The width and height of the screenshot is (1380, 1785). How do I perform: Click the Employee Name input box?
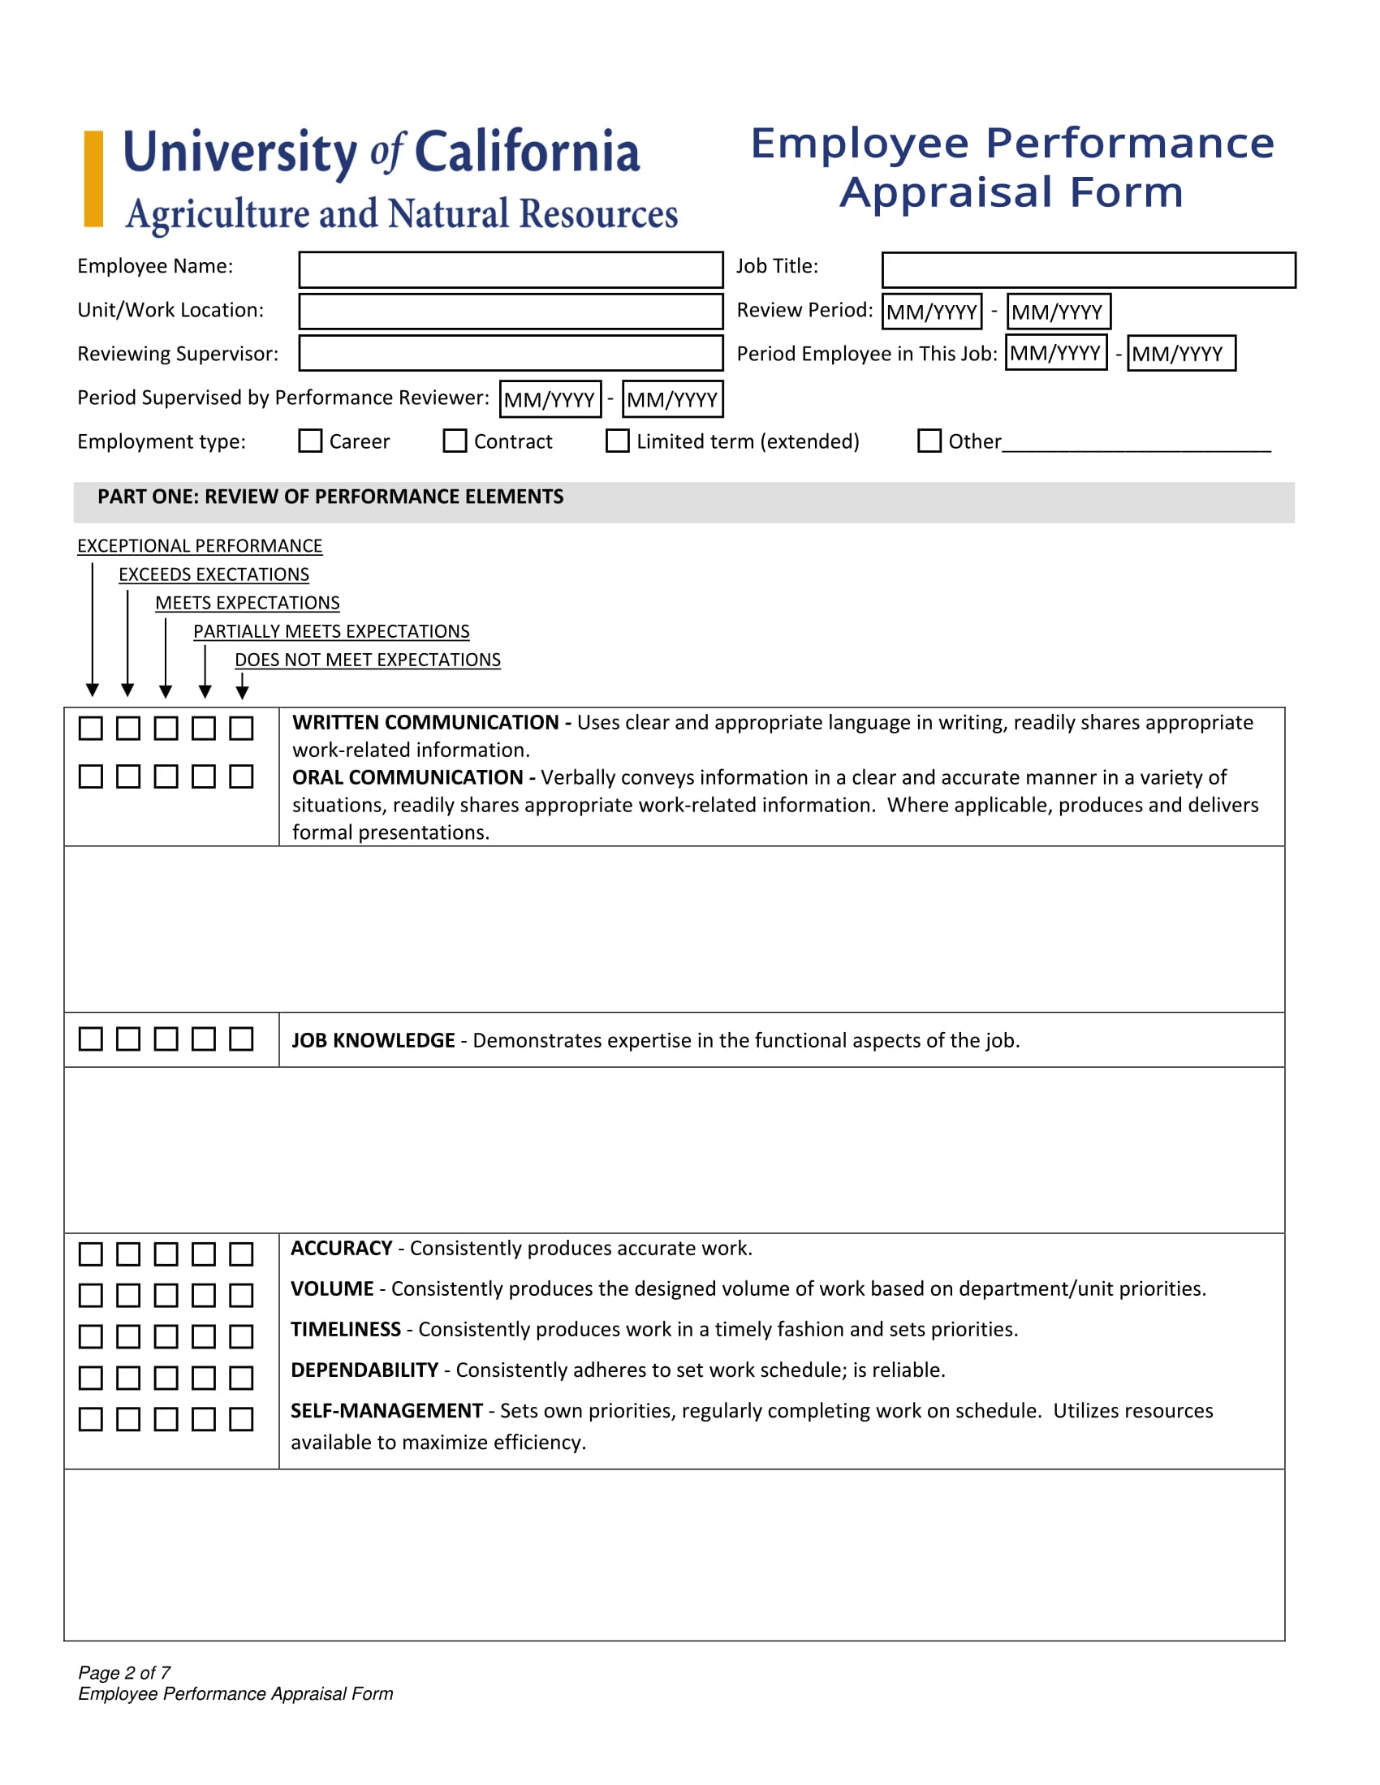point(510,269)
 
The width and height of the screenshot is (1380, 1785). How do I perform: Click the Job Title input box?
point(1088,269)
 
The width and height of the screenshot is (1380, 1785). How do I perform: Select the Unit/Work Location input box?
point(510,312)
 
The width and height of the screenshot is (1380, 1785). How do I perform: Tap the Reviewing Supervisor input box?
point(510,353)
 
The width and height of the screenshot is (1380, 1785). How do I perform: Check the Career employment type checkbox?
point(310,441)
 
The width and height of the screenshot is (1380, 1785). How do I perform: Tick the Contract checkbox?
point(455,441)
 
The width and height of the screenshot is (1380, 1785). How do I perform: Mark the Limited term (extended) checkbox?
point(617,441)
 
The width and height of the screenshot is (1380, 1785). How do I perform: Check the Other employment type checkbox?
point(929,441)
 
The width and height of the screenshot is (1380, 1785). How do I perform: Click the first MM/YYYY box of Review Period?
point(931,312)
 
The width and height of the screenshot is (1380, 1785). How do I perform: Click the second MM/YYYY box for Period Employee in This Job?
point(1180,354)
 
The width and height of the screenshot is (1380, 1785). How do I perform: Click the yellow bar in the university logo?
point(93,178)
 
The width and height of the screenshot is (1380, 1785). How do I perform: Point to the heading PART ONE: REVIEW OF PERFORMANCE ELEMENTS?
point(330,497)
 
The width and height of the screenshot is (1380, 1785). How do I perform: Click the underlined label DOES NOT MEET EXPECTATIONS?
point(367,660)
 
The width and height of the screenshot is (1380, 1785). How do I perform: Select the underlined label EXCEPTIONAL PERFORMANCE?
point(200,545)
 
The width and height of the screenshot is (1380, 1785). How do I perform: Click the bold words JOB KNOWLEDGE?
point(373,1040)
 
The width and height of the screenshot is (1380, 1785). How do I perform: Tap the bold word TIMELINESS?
point(346,1329)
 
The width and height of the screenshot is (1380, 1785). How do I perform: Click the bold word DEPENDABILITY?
point(364,1370)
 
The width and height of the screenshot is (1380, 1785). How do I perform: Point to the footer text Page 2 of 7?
point(124,1672)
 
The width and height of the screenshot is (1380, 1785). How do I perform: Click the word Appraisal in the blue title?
point(946,193)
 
